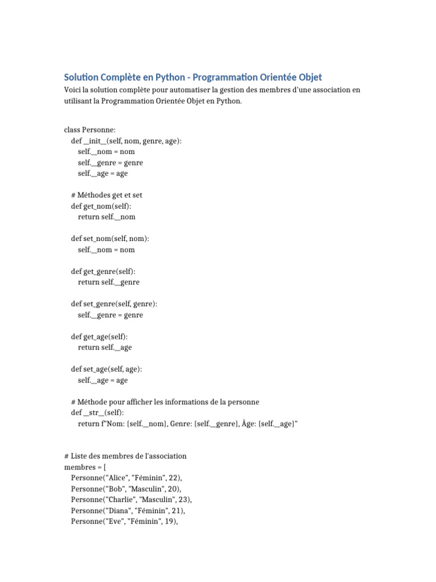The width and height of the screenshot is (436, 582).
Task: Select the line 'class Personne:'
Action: (90, 130)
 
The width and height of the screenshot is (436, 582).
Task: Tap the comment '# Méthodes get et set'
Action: (107, 195)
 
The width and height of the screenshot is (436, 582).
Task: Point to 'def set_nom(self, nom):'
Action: (110, 239)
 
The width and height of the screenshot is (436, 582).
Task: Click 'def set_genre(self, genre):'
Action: (114, 304)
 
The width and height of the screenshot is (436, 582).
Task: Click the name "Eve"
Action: (115, 521)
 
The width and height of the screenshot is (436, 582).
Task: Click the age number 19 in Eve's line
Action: (169, 521)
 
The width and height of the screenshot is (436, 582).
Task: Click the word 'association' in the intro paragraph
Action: (327, 90)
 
